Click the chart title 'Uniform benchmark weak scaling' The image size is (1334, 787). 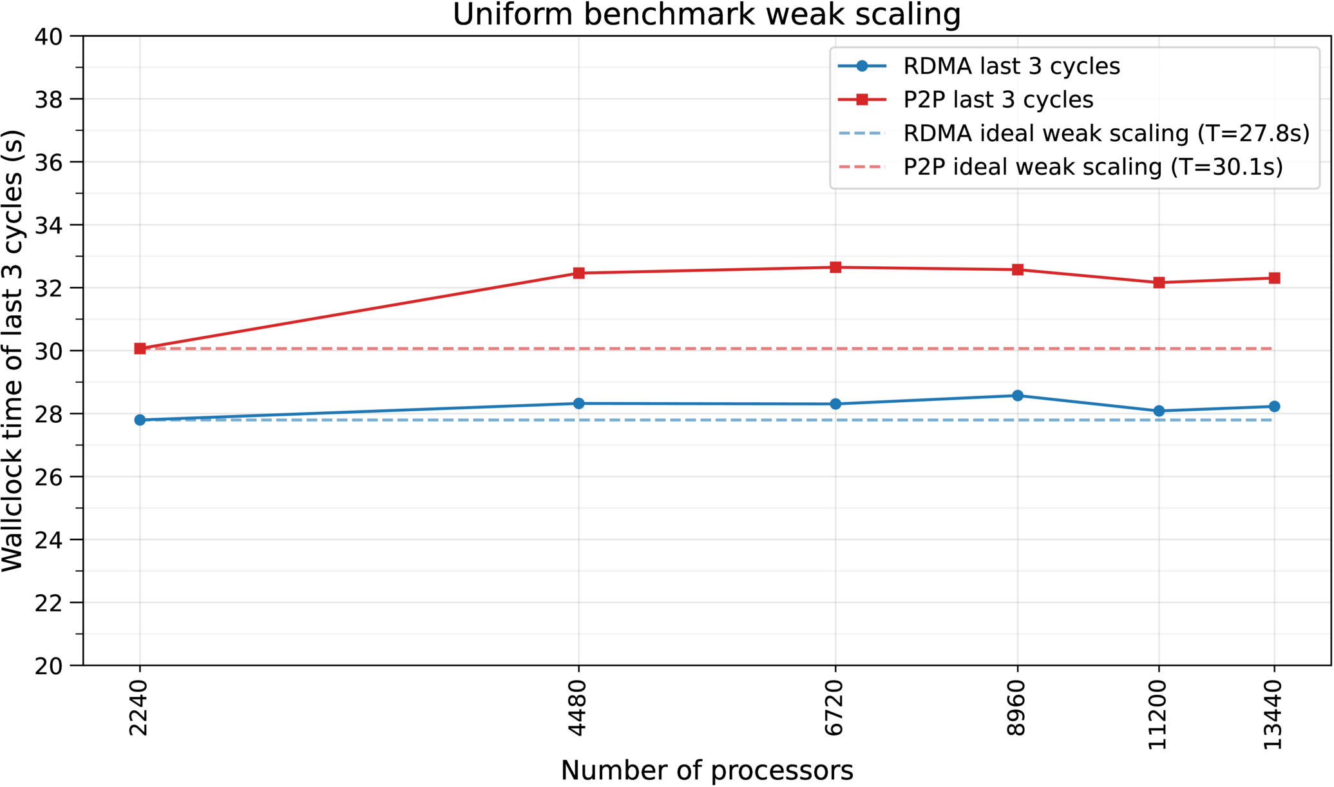tap(707, 15)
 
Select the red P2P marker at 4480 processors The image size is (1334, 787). tap(578, 273)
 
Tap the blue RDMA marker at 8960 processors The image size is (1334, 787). tap(1018, 396)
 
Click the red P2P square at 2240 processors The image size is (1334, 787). tap(140, 349)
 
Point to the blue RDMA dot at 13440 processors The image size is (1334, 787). tap(1274, 407)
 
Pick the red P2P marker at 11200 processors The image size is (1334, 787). tap(1159, 282)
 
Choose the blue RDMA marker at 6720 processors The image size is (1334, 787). tap(835, 404)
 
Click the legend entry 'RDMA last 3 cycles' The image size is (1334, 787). tap(1011, 66)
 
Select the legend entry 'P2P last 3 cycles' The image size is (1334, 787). tap(998, 100)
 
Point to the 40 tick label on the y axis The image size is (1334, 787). tap(48, 37)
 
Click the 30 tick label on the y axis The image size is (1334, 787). tap(48, 351)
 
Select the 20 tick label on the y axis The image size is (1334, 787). tap(48, 666)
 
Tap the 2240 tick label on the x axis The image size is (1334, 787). tap(139, 708)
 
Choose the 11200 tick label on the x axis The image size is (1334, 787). tap(1158, 715)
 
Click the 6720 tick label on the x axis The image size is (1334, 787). tap(835, 708)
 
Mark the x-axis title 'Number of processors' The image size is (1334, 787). tap(707, 771)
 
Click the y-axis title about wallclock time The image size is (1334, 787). tap(13, 351)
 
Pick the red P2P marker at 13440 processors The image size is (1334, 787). tap(1274, 278)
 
